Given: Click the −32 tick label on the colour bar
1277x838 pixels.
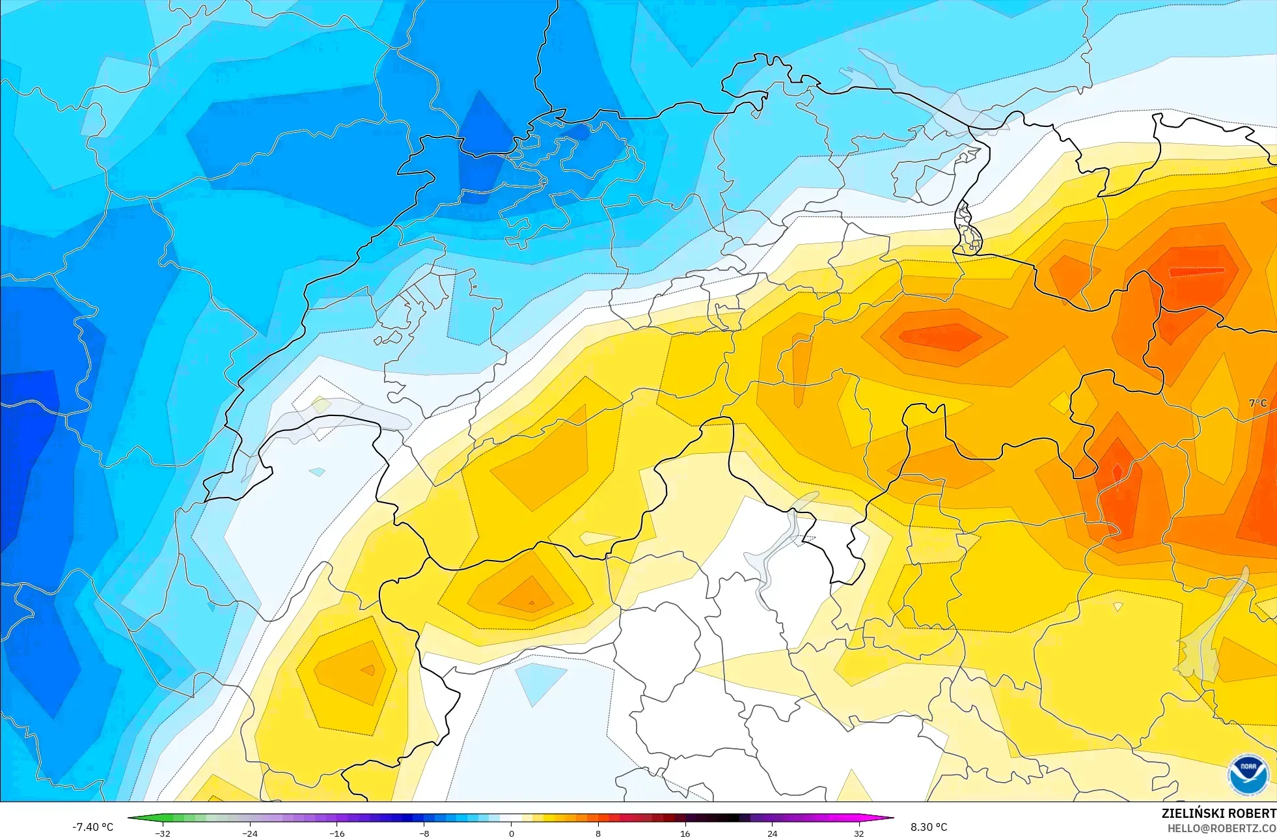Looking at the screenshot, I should coord(163,833).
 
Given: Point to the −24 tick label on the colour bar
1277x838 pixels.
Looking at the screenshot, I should coord(250,833).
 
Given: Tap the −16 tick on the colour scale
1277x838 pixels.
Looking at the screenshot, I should coord(336,833).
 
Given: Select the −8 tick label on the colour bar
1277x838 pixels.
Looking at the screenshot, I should coord(424,833).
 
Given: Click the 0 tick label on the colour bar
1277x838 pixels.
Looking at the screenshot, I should coord(511,833).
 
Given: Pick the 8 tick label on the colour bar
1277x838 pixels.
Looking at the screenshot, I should coord(598,833).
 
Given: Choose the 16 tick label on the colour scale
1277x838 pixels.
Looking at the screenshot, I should coord(685,833).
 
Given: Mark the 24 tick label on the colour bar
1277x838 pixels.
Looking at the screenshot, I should coord(772,833).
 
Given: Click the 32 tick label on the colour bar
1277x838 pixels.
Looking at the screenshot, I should coord(859,833).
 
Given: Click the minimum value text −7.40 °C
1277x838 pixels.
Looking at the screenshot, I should coord(92,827).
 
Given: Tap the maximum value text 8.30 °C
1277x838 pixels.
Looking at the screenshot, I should coord(929,827).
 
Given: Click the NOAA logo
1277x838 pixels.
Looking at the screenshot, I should coord(1248,774).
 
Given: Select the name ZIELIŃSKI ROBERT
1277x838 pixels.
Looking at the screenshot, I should coord(1218,813).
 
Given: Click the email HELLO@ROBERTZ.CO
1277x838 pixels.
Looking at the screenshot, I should coord(1221,828).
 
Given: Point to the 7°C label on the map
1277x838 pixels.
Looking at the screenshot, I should coord(1257,403).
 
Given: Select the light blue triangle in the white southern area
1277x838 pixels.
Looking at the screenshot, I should coord(540,682).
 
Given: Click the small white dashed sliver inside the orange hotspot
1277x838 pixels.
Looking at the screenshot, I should coord(1196,272).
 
